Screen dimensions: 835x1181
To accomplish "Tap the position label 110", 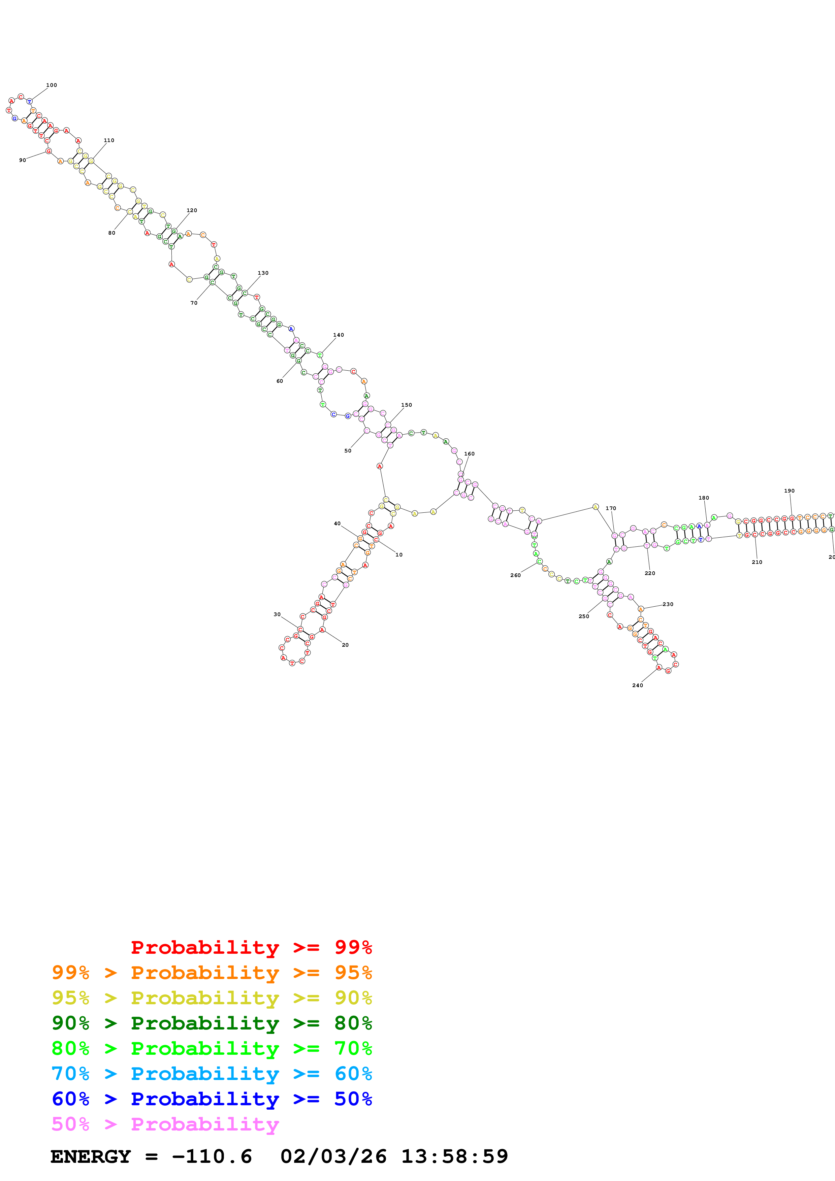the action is pos(109,140).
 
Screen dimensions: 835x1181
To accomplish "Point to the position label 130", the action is pos(263,273).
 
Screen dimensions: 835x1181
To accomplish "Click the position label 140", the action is pos(339,335).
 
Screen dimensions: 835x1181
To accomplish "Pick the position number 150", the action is pos(407,405).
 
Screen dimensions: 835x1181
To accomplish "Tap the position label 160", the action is pos(469,454).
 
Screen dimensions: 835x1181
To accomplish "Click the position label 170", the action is pos(611,508).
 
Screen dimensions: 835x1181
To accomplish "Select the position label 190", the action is pos(789,491).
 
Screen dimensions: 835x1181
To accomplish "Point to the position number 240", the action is pos(637,685).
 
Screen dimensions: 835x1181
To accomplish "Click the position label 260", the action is pos(515,575).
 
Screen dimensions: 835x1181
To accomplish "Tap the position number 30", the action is pos(277,614).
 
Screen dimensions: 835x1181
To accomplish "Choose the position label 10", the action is pos(399,554).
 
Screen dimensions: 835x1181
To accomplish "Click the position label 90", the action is pos(23,160).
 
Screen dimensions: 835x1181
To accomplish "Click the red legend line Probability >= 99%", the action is pos(251,947).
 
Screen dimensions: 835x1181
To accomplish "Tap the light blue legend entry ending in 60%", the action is pos(212,1074).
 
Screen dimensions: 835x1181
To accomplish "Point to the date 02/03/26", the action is pos(333,1156).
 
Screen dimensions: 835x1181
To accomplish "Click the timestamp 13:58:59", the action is pos(454,1156).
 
